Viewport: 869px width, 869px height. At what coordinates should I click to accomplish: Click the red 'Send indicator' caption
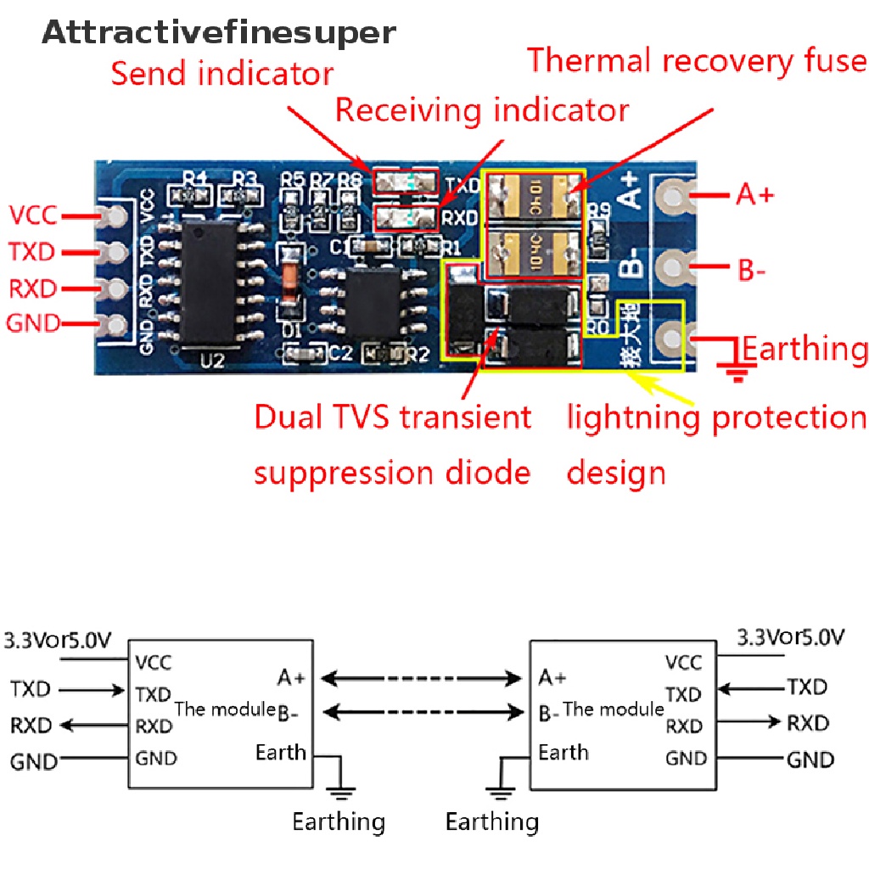[222, 74]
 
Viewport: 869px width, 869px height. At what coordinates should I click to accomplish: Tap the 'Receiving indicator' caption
[482, 110]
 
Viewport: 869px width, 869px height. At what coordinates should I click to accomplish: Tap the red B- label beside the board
[752, 272]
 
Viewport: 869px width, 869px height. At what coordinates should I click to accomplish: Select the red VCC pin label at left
[33, 216]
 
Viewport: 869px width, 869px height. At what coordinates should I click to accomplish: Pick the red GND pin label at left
[33, 323]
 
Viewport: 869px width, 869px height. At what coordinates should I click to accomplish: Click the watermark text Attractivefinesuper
[219, 33]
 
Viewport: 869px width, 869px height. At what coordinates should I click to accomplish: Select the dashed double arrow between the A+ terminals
[421, 678]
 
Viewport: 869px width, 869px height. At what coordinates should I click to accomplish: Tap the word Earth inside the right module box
[563, 752]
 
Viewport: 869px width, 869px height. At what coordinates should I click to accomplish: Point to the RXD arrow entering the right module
[746, 723]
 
